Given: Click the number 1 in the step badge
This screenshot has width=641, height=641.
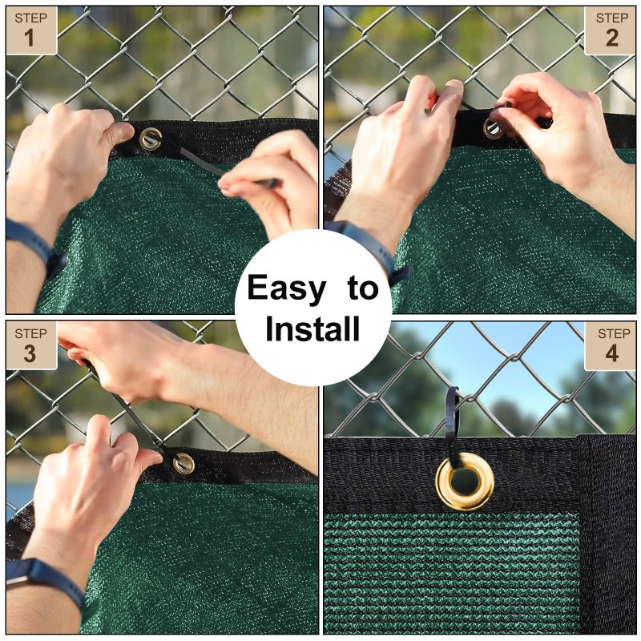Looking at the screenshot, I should pyautogui.click(x=30, y=38).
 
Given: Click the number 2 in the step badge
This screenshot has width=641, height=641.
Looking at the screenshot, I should pyautogui.click(x=612, y=38).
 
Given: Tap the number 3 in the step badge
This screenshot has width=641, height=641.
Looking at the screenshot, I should pyautogui.click(x=30, y=353).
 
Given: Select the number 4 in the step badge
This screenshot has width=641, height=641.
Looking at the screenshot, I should pyautogui.click(x=612, y=353).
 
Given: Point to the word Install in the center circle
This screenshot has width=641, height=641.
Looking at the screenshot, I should pyautogui.click(x=312, y=329).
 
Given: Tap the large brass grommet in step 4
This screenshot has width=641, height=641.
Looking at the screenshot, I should pyautogui.click(x=465, y=481).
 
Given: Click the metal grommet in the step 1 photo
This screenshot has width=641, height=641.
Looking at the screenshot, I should pyautogui.click(x=150, y=139).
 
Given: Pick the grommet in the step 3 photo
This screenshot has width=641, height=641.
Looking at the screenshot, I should pyautogui.click(x=183, y=463).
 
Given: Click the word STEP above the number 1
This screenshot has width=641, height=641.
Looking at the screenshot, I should pyautogui.click(x=30, y=18).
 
